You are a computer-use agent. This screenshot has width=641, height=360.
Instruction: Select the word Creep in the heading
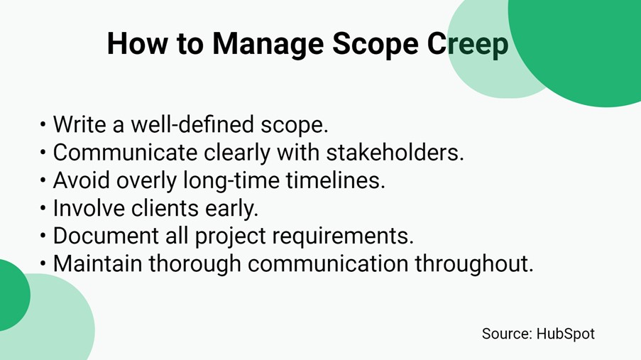[468, 44]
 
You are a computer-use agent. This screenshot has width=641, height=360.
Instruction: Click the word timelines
[336, 180]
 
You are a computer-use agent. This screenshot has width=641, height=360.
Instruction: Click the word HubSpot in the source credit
[565, 333]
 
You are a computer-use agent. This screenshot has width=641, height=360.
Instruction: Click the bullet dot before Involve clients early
[44, 209]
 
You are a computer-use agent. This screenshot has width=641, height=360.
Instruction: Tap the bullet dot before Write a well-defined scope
[44, 126]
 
